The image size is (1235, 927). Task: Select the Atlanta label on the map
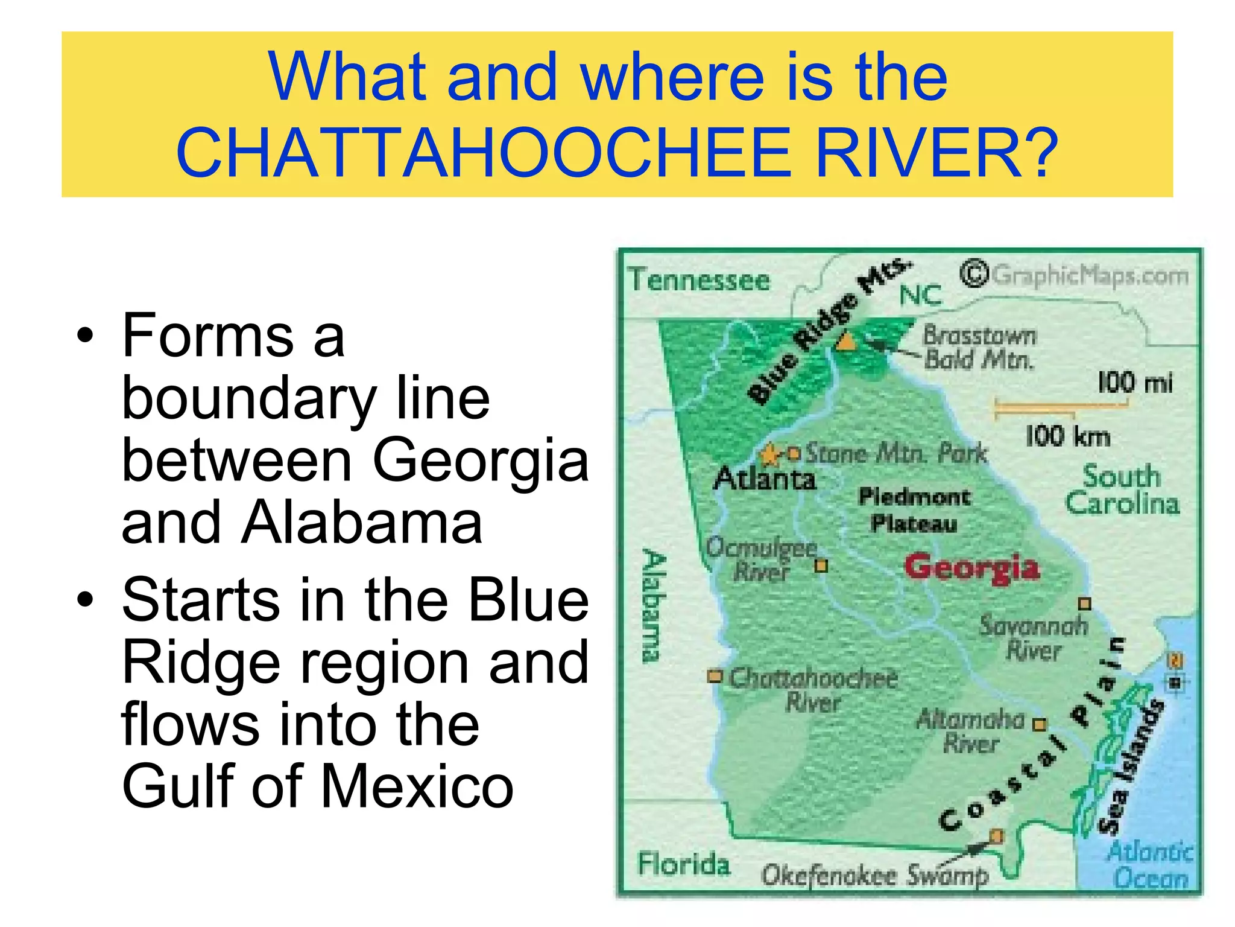(765, 479)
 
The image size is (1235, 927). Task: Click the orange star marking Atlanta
(769, 454)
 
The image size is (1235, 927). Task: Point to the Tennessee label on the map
(700, 280)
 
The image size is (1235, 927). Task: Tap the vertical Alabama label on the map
(653, 606)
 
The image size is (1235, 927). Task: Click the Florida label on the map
(684, 864)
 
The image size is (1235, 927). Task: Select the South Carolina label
(1122, 489)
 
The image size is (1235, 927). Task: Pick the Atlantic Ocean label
(1151, 865)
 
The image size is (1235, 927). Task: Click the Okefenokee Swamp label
(875, 874)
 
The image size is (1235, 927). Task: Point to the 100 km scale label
(1068, 436)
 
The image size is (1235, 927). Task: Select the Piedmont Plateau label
(914, 510)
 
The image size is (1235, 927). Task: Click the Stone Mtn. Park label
(897, 453)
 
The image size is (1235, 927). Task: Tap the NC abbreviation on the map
(920, 295)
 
